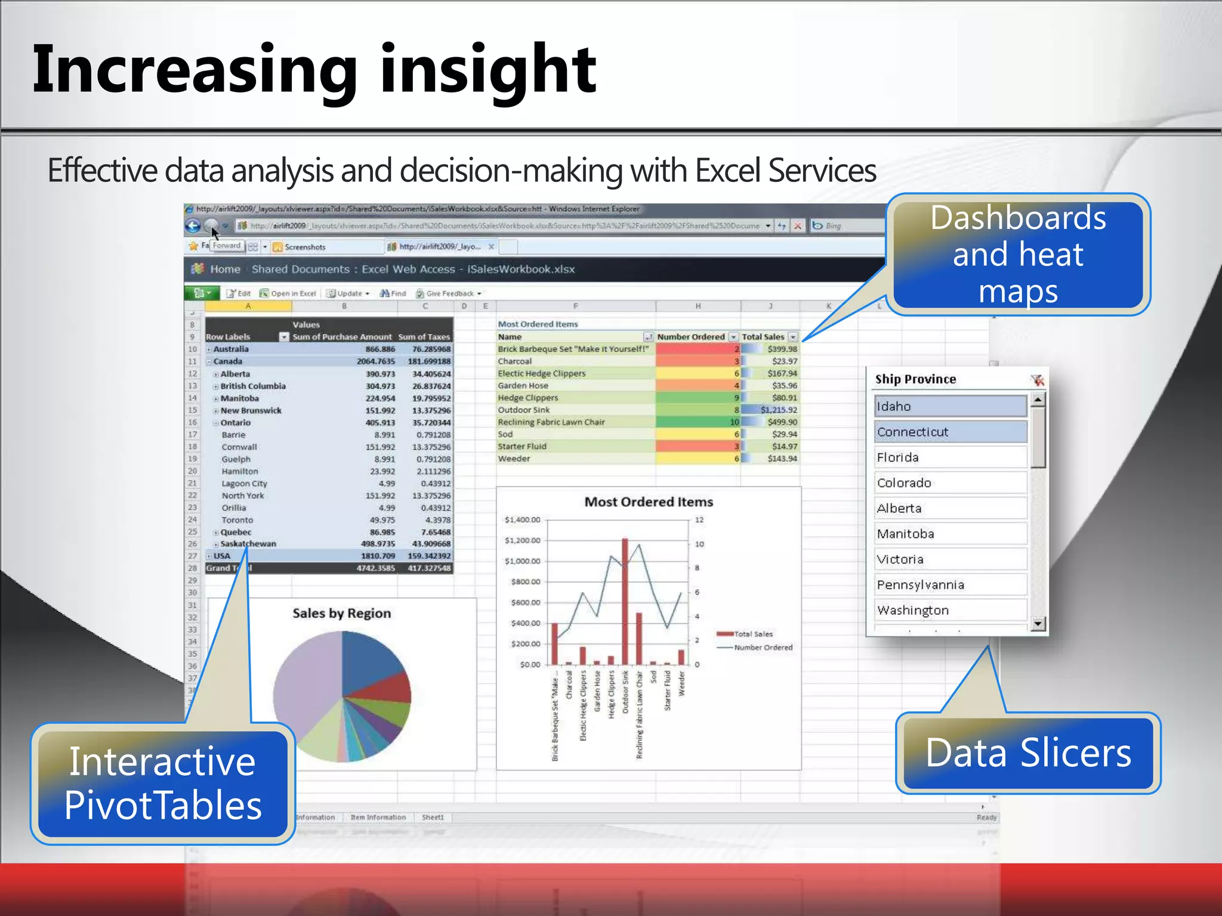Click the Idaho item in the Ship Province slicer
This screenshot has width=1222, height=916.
click(950, 406)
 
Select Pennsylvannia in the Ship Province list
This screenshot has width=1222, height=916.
click(950, 584)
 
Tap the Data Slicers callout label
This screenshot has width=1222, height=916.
click(1027, 753)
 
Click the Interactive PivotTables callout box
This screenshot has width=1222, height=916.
click(163, 784)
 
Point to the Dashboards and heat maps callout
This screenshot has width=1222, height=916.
click(1018, 254)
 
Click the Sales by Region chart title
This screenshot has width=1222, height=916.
click(341, 613)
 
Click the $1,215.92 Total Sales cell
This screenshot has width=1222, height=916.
click(778, 410)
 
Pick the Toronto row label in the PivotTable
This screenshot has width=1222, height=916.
click(237, 520)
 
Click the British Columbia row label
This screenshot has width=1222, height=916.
click(253, 386)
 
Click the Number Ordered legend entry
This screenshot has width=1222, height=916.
click(763, 647)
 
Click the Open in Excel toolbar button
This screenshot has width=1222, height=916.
click(288, 293)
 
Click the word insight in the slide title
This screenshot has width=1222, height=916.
click(488, 70)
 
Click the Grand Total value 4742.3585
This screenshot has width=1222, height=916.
click(376, 568)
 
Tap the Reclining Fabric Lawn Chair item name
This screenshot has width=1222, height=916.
click(551, 422)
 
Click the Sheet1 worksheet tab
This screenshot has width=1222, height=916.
click(433, 817)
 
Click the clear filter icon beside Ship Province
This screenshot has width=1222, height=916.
click(1037, 380)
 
